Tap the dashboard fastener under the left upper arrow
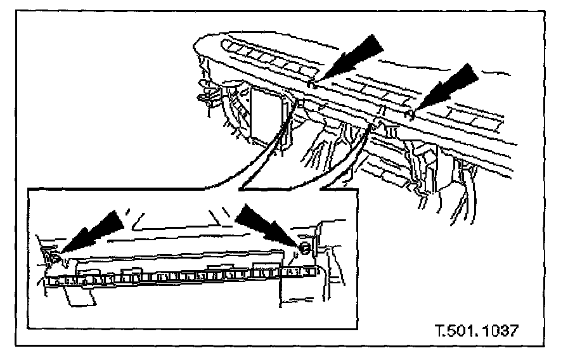pyautogui.click(x=310, y=83)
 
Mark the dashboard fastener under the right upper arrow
pyautogui.click(x=411, y=114)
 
